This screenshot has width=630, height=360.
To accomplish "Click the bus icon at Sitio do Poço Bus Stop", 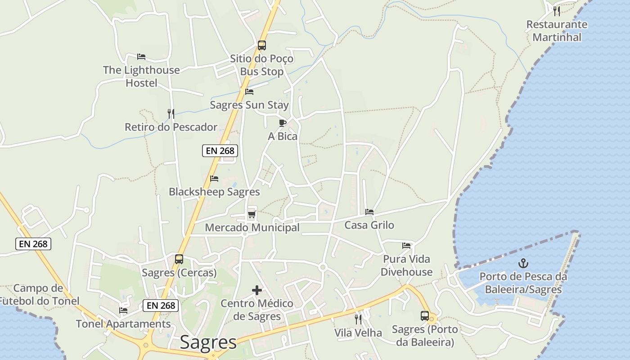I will (x=262, y=45).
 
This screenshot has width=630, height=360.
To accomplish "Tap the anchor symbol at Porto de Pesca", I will (x=523, y=263).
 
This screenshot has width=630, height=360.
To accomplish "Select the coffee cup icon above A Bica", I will (x=283, y=123).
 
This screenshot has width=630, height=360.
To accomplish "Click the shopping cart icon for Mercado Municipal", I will (x=252, y=215).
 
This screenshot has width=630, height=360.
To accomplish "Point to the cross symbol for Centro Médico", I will (x=257, y=290).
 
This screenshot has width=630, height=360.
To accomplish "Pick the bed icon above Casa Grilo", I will (x=369, y=211).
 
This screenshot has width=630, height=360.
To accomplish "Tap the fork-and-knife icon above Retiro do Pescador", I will (x=171, y=114).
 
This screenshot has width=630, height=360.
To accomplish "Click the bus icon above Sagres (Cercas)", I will (x=179, y=259).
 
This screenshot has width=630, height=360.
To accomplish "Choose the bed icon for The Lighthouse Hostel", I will (x=141, y=57).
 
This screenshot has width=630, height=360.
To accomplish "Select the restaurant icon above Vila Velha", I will (x=358, y=319).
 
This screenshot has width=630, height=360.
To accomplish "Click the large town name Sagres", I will (x=208, y=343).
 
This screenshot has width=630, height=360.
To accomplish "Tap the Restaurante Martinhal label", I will (x=557, y=31).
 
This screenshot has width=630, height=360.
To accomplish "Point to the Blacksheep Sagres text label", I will (x=214, y=192).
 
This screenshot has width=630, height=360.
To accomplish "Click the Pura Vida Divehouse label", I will (x=406, y=265).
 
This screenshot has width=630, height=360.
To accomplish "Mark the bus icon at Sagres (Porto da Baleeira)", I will (x=425, y=316).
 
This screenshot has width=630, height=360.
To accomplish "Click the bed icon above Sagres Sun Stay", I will (x=249, y=92).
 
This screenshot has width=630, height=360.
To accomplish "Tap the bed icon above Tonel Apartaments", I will (x=123, y=310).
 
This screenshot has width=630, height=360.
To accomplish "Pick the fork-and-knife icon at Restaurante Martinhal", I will (x=557, y=11).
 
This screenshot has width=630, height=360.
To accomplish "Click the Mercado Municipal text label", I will (x=252, y=228).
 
